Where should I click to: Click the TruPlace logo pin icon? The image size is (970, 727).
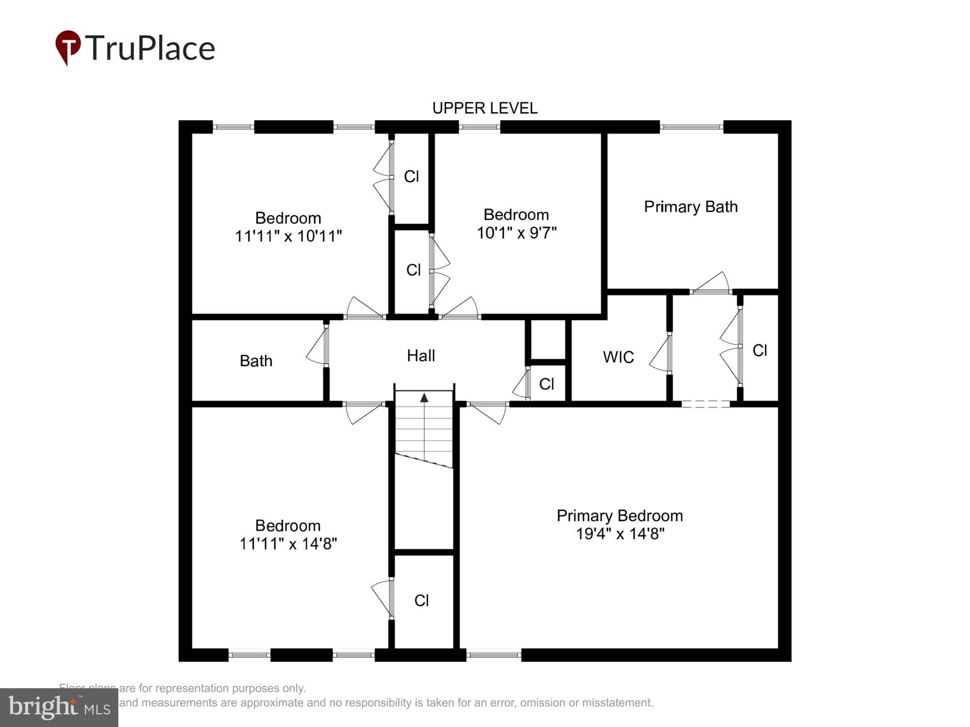click(x=68, y=47)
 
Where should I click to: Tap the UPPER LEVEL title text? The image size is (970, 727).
click(x=485, y=108)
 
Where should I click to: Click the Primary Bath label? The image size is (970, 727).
click(x=691, y=207)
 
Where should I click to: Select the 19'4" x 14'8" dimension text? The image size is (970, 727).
click(x=620, y=534)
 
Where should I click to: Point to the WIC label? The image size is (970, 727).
click(x=618, y=357)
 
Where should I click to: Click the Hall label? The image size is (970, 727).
click(x=420, y=356)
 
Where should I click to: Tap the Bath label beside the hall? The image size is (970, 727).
click(x=256, y=361)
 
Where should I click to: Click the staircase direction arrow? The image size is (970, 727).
click(x=424, y=398)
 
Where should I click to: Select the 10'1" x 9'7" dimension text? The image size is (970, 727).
click(x=517, y=233)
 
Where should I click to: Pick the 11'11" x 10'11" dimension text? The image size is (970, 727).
click(x=289, y=237)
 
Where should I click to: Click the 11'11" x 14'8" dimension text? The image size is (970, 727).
click(x=288, y=544)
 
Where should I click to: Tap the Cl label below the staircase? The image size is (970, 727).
click(x=421, y=601)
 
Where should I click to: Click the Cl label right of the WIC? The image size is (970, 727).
click(x=760, y=350)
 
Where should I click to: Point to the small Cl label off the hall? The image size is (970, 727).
click(x=547, y=384)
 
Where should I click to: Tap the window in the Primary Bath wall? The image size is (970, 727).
click(x=692, y=127)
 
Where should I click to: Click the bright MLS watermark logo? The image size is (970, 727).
click(x=59, y=707)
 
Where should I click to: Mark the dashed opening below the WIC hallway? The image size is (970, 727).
click(x=706, y=404)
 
